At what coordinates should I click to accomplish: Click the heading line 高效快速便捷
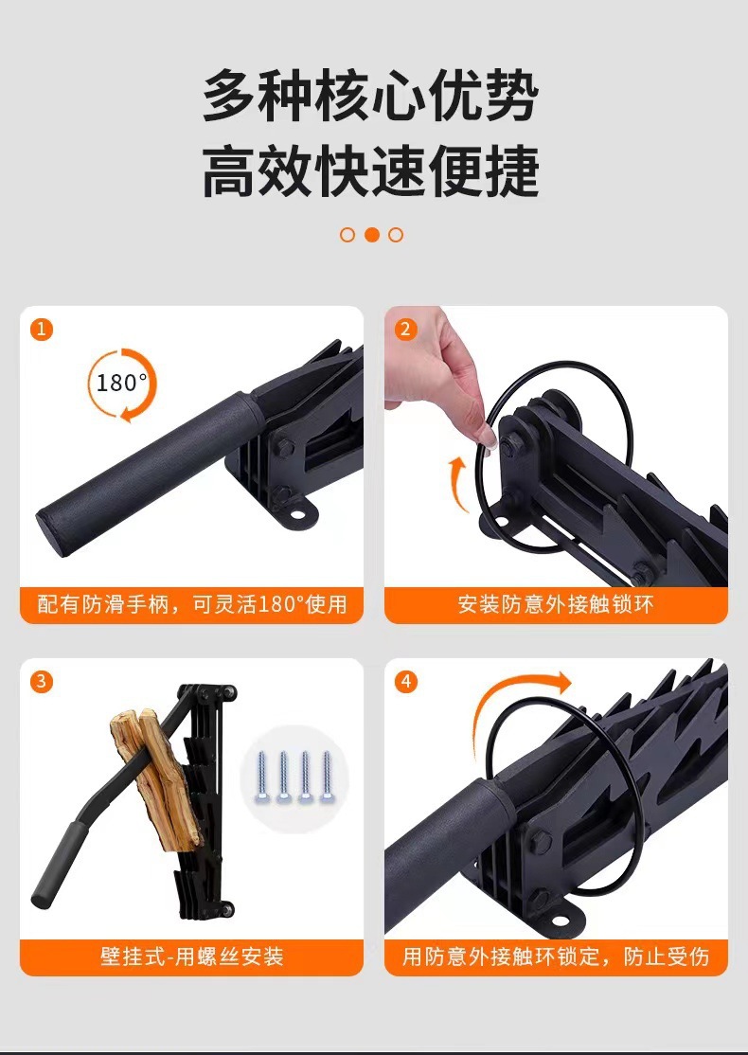coord(371,171)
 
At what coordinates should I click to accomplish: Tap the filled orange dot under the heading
coord(372,235)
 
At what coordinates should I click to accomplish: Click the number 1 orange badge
coord(42,330)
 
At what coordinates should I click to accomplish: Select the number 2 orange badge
coord(406,330)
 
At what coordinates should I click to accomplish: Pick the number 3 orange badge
coord(42,681)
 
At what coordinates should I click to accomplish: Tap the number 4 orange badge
coord(406,681)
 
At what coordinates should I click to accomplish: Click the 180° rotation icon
coord(122,384)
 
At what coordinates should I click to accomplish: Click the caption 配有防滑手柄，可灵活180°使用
coord(192,604)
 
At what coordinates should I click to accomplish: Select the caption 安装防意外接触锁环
coord(556,604)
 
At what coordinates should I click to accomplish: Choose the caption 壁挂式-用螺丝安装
coord(192,956)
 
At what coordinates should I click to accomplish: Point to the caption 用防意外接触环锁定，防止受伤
coord(556,956)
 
